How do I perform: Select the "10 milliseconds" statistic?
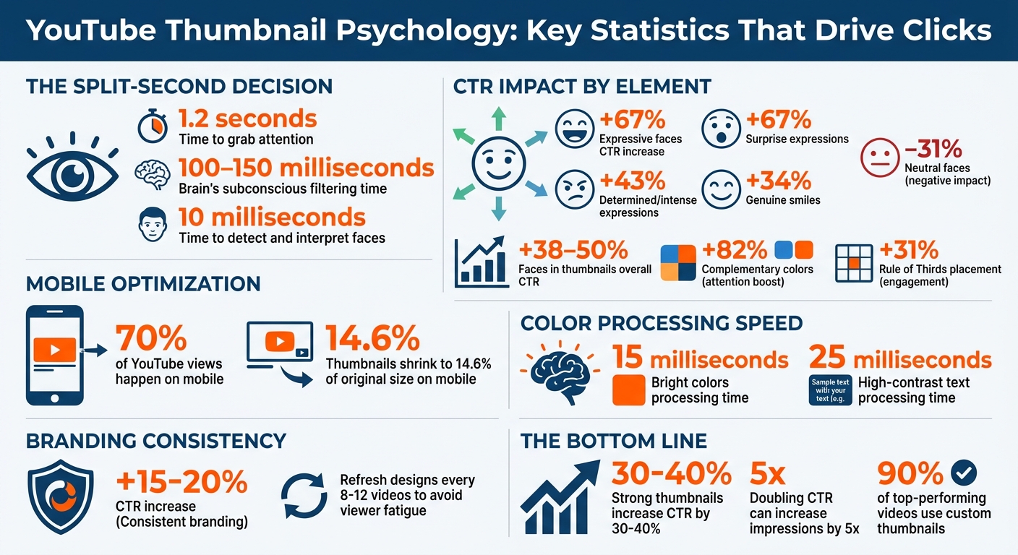point(273,218)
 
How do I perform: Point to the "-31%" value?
point(933,150)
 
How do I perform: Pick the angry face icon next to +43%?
point(575,190)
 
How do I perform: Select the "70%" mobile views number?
point(150,337)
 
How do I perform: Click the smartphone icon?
point(54,355)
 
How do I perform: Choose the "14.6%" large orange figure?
point(372,338)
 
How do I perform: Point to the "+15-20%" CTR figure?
point(181,481)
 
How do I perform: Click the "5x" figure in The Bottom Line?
point(767,474)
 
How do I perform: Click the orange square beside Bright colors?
point(628,390)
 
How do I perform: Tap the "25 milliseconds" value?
point(900,358)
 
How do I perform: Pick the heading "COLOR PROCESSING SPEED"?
point(662,322)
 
